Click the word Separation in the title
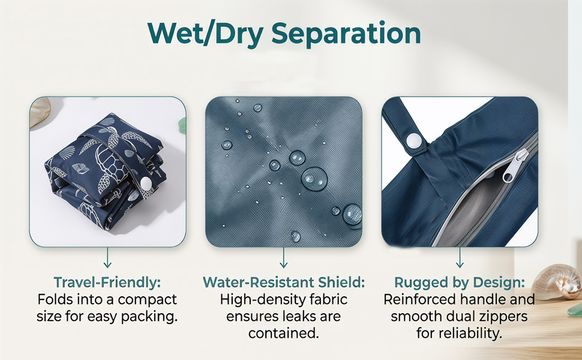346,34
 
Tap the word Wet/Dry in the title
205,34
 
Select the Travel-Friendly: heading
107,283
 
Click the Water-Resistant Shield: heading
284,283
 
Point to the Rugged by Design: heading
460,283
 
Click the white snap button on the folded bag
146,182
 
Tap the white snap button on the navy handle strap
414,141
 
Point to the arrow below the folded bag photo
107,257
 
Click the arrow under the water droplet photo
284,257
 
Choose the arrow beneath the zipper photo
460,257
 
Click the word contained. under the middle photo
284,333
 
